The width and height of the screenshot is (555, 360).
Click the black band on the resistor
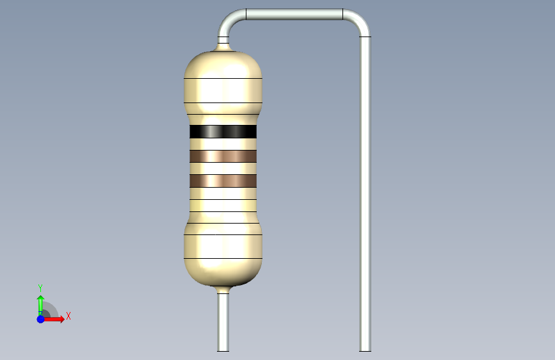click(x=223, y=131)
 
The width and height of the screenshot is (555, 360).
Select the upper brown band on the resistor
click(x=223, y=156)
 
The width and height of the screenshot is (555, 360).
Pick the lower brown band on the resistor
click(x=223, y=181)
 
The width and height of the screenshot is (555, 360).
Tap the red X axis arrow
click(x=53, y=319)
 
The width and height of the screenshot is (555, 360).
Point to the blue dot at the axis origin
click(x=41, y=319)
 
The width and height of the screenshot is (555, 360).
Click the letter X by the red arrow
click(x=68, y=316)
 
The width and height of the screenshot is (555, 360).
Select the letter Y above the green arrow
click(x=40, y=288)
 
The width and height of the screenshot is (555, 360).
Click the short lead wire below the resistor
click(x=223, y=322)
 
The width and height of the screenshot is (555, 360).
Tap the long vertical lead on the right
click(x=366, y=194)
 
